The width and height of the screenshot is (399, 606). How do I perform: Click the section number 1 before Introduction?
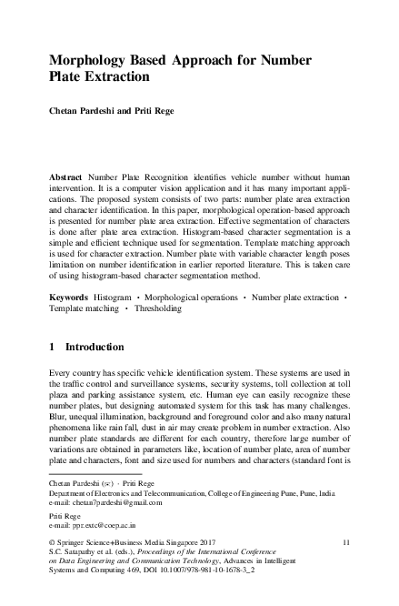click(52, 346)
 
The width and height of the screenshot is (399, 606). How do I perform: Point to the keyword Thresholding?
click(156, 308)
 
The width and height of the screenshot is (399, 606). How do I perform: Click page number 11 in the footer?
click(345, 542)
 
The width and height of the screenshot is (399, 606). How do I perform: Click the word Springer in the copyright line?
click(75, 542)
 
